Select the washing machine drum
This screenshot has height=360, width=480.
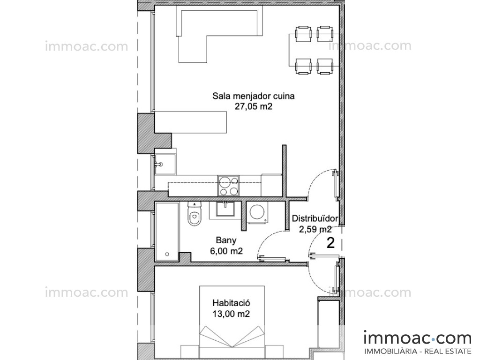pyautogui.click(x=258, y=211)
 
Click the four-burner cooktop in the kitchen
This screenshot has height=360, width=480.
pyautogui.click(x=228, y=186)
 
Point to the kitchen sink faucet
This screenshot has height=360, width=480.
pyautogui.click(x=158, y=165)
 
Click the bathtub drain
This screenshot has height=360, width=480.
pyautogui.click(x=167, y=255)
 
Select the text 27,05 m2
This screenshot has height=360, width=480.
pyautogui.click(x=254, y=106)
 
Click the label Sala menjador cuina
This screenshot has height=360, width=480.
pyautogui.click(x=254, y=96)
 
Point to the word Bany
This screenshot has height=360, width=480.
pyautogui.click(x=226, y=240)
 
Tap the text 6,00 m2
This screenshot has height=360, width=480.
pyautogui.click(x=226, y=251)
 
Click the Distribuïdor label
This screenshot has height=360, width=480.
pyautogui.click(x=315, y=218)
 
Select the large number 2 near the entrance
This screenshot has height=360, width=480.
pyautogui.click(x=330, y=243)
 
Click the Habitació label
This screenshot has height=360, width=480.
pyautogui.click(x=232, y=303)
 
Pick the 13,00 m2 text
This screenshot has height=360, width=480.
pyautogui.click(x=231, y=314)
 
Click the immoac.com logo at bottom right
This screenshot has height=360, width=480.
pyautogui.click(x=418, y=338)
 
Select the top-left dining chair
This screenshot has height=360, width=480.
pyautogui.click(x=303, y=34)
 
